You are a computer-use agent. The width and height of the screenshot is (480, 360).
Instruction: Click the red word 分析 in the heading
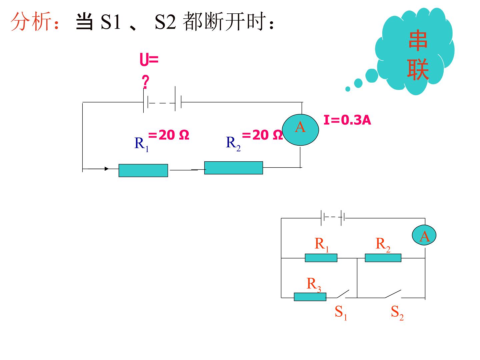(31, 21)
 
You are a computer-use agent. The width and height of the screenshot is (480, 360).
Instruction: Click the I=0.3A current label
(347, 120)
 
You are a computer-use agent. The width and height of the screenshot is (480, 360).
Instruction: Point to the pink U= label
(149, 59)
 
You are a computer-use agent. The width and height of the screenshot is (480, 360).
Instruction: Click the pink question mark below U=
(145, 82)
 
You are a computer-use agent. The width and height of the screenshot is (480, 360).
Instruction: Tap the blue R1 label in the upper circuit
(141, 144)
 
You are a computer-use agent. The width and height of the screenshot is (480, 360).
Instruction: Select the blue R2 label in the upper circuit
(233, 143)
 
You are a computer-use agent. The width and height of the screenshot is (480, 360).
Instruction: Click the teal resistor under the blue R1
(143, 170)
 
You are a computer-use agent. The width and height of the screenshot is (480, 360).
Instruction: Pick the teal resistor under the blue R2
(234, 168)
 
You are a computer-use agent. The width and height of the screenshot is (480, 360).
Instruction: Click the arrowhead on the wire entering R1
(106, 169)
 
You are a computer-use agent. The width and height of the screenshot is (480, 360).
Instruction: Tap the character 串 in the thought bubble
(418, 40)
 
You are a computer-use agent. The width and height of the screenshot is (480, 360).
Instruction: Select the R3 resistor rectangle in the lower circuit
(310, 297)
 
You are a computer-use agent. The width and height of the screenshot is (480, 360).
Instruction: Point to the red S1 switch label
(341, 312)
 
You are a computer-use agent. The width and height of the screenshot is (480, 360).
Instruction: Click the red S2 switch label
(397, 312)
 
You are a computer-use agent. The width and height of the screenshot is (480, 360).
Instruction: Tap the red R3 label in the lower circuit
(314, 285)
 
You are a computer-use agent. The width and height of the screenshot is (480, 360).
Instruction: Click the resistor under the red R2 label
(383, 258)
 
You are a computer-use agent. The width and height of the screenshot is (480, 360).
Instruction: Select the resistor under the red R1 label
(321, 258)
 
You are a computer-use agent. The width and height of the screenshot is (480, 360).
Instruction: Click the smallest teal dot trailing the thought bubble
(348, 89)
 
